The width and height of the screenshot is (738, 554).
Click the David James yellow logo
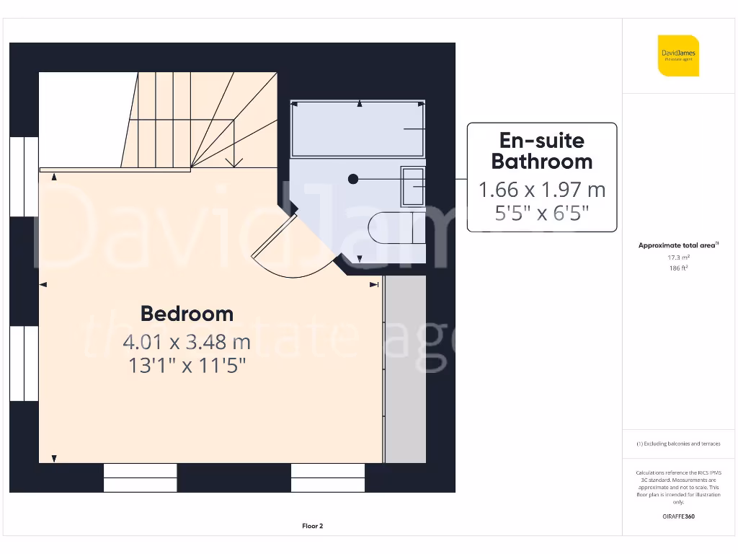coord(678,56)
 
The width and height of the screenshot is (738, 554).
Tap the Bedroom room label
coord(187,314)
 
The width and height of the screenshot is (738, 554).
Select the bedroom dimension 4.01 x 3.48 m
coord(187,340)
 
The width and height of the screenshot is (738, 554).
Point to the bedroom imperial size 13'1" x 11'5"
coord(187,366)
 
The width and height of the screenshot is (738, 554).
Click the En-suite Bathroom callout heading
coord(542,151)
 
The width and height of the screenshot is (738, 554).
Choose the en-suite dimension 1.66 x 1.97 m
coord(542,190)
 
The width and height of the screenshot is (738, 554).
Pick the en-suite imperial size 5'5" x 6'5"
coord(542,213)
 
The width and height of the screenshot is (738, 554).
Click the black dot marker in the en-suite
coord(352,179)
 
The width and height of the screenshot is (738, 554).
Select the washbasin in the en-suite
coord(413,186)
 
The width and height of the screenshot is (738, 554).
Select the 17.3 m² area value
coord(678,257)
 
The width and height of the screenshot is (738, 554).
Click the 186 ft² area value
coord(678,268)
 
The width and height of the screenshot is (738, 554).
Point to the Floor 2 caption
coord(312,526)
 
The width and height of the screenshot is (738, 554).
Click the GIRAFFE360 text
coord(678,516)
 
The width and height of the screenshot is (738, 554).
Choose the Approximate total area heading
coord(677,245)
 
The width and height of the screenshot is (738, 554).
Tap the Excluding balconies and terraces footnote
coord(678,444)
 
